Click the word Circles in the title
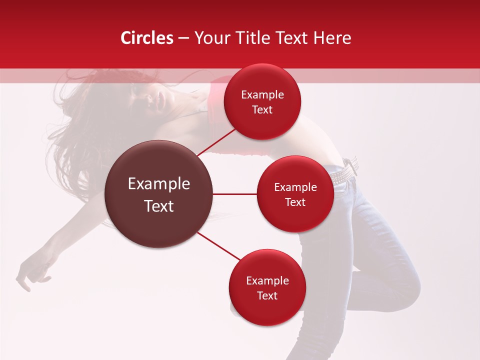pyautogui.click(x=147, y=38)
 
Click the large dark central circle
pyautogui.click(x=159, y=194)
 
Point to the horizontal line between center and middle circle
pyautogui.click(x=235, y=194)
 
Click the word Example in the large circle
pyautogui.click(x=159, y=184)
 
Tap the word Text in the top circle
pyautogui.click(x=262, y=110)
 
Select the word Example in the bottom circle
pyautogui.click(x=267, y=281)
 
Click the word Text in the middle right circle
pyautogui.click(x=295, y=202)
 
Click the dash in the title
pyautogui.click(x=183, y=38)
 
